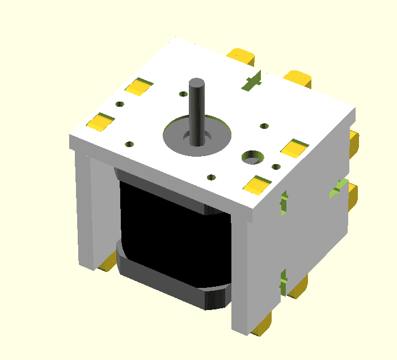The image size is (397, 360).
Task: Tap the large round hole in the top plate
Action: point(252,156)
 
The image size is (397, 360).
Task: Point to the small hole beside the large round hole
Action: point(276,166)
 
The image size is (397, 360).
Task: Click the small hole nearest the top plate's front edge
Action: point(212,177)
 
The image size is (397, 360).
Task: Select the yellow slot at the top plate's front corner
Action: point(258,184)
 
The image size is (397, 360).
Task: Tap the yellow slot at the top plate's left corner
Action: point(99,121)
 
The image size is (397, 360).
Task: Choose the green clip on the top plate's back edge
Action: point(251,81)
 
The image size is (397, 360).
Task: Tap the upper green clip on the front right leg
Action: point(284,202)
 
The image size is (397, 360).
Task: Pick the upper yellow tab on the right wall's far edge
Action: point(353,142)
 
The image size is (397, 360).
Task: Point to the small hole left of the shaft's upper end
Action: point(183,94)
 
